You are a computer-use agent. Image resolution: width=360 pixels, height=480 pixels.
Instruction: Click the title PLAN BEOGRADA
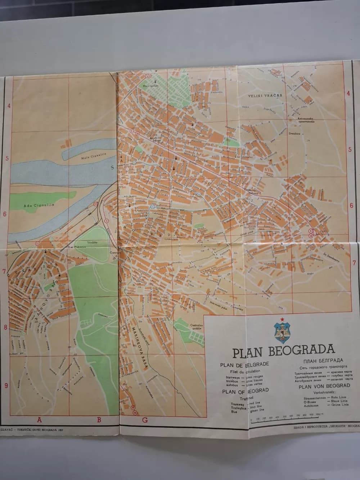pyautogui.click(x=283, y=351)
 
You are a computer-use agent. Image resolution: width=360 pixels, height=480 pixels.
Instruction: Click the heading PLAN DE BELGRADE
pyautogui.click(x=244, y=364)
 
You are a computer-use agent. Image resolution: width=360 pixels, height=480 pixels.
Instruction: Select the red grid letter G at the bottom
pyautogui.click(x=145, y=420)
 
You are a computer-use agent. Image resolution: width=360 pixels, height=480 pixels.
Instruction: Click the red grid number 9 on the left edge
pyautogui.click(x=6, y=386)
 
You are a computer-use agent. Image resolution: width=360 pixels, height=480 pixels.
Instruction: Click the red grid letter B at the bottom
pyautogui.click(x=98, y=419)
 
